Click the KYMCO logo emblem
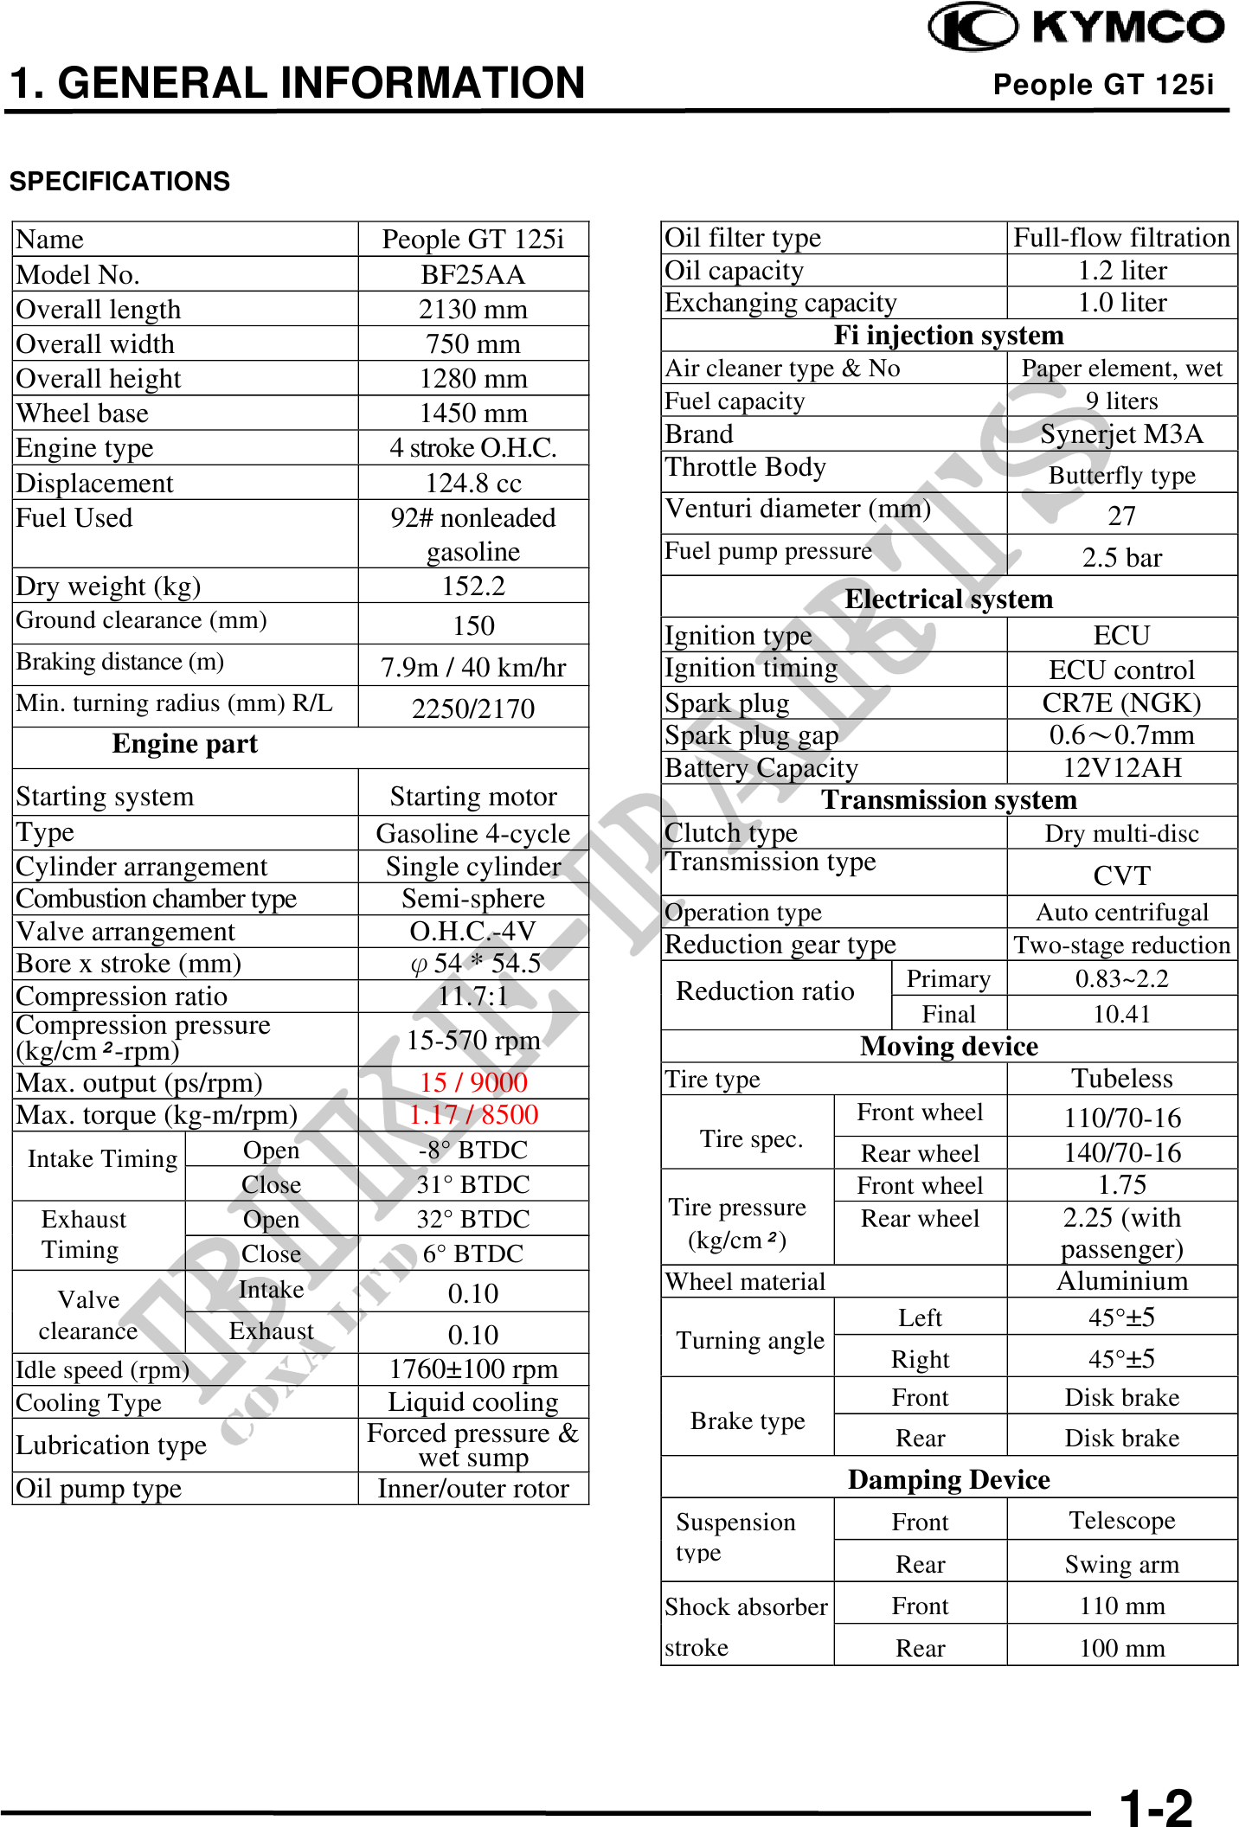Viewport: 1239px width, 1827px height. click(x=972, y=27)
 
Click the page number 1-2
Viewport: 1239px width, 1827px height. click(x=1155, y=1806)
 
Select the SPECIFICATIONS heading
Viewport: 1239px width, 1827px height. click(x=119, y=182)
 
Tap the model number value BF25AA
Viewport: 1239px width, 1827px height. click(x=472, y=274)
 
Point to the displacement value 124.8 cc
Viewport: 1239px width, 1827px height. click(x=472, y=483)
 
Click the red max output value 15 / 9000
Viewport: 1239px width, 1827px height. click(x=472, y=1082)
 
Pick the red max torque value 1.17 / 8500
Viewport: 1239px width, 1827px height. click(x=472, y=1115)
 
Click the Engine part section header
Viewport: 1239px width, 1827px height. click(x=184, y=744)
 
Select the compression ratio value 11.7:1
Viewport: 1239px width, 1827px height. click(x=472, y=996)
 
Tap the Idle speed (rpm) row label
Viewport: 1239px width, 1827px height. click(x=102, y=1369)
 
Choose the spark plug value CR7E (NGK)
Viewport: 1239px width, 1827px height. click(x=1121, y=702)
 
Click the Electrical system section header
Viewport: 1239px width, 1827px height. click(x=948, y=599)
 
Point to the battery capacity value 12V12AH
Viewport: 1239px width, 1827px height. click(x=1121, y=767)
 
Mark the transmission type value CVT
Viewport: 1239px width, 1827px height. click(x=1121, y=875)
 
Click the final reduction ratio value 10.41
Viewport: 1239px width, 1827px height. click(x=1121, y=1014)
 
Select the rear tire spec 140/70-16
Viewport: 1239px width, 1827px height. click(x=1121, y=1152)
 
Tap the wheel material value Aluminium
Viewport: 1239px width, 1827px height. click(x=1121, y=1281)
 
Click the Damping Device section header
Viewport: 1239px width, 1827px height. click(x=948, y=1479)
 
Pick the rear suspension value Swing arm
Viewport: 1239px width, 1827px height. click(x=1121, y=1564)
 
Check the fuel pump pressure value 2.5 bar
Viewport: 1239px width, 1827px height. click(x=1121, y=558)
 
